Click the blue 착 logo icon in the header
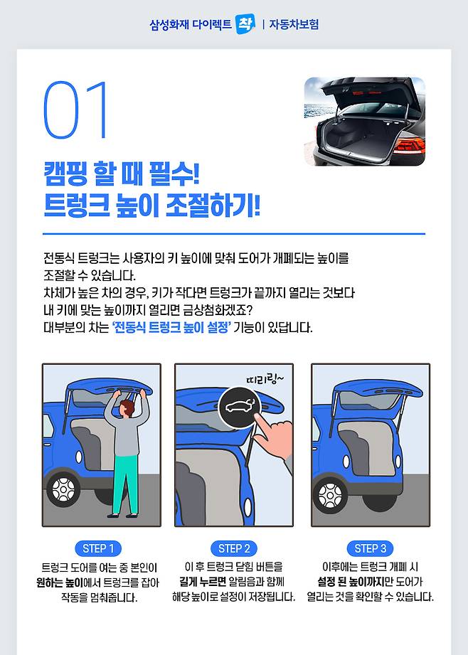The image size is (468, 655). [245, 24]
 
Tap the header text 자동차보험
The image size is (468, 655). [294, 24]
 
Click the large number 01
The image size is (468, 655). [75, 110]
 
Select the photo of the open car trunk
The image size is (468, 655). [364, 122]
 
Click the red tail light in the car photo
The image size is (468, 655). [410, 145]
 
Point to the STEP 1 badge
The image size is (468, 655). [98, 548]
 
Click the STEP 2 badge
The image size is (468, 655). [234, 548]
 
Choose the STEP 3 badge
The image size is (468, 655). [371, 548]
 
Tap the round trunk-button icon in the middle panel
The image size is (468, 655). [240, 407]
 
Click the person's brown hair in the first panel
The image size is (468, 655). [127, 407]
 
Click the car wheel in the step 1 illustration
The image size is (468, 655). [63, 489]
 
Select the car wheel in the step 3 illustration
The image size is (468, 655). [330, 496]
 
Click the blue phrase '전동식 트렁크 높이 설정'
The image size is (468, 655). [171, 327]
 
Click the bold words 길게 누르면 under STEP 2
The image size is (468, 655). [203, 581]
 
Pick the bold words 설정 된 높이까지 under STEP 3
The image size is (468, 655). [350, 581]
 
